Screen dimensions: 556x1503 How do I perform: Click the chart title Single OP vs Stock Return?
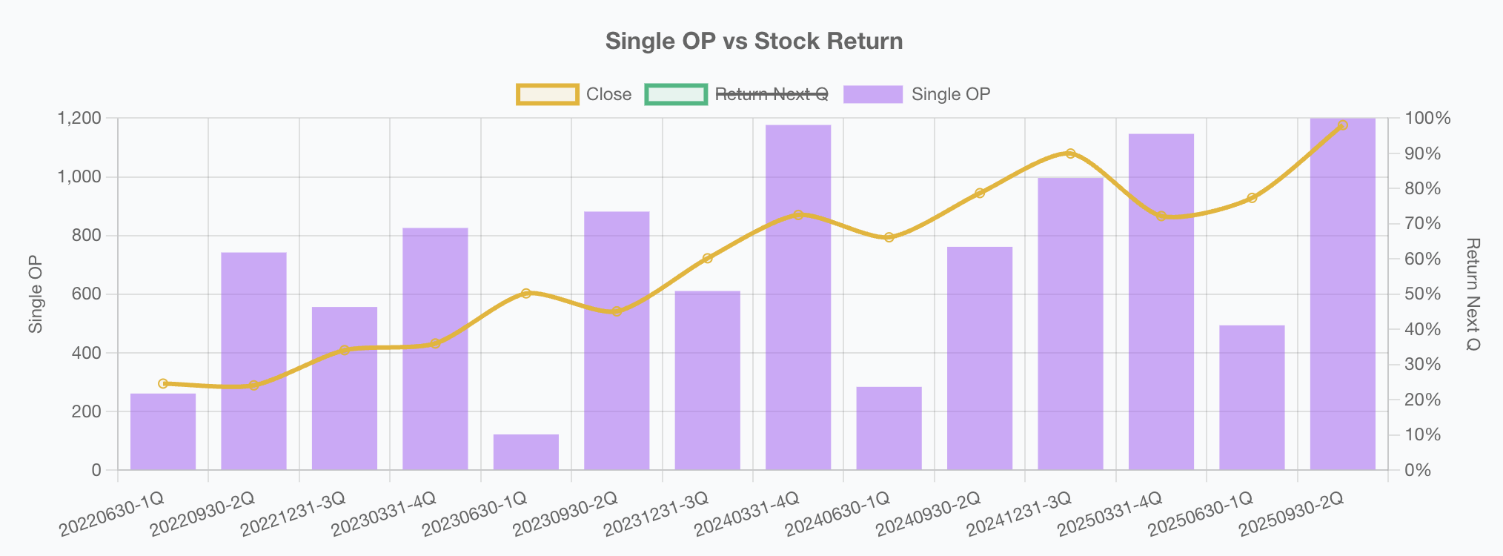[754, 41]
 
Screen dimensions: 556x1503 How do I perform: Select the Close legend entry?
[574, 94]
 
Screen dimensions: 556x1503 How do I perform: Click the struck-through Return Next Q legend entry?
[737, 94]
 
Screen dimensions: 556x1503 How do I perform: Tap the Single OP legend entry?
[917, 94]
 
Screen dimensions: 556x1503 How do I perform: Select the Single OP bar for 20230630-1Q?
[526, 452]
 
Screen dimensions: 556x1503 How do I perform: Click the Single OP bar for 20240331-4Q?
[798, 297]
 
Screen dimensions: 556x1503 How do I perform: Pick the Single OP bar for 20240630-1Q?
[889, 428]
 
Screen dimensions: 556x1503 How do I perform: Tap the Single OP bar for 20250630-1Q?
[1252, 397]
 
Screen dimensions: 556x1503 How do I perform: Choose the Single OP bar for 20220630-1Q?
[163, 431]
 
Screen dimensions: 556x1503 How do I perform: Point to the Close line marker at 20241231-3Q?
[1070, 153]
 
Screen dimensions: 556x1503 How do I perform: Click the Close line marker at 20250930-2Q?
[1343, 125]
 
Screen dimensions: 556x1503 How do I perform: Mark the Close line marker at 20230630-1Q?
[526, 294]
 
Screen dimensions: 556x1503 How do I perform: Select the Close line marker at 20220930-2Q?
[254, 385]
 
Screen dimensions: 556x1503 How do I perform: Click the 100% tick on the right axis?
[1427, 119]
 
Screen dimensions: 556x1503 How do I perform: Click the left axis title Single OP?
[36, 294]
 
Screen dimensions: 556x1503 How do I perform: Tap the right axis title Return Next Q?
[1473, 294]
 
